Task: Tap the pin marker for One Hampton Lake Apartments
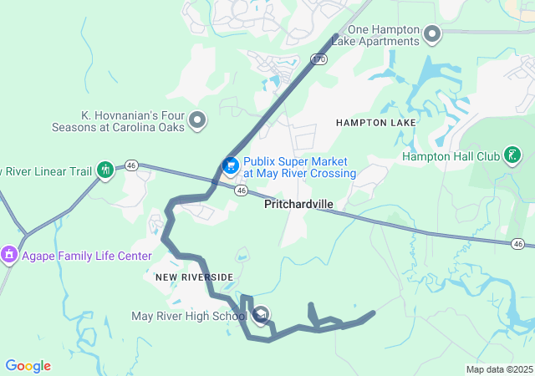click(x=432, y=34)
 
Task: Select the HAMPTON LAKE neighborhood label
click(x=375, y=123)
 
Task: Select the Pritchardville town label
click(x=298, y=204)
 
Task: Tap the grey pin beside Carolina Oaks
click(x=198, y=120)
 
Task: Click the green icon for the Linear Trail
click(x=105, y=170)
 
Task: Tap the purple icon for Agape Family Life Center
click(x=9, y=253)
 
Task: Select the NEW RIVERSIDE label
click(x=194, y=277)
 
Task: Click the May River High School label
click(x=189, y=316)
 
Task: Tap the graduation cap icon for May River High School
click(x=261, y=315)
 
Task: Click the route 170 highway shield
click(x=318, y=58)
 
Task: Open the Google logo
click(x=28, y=366)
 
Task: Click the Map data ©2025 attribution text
click(x=498, y=369)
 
